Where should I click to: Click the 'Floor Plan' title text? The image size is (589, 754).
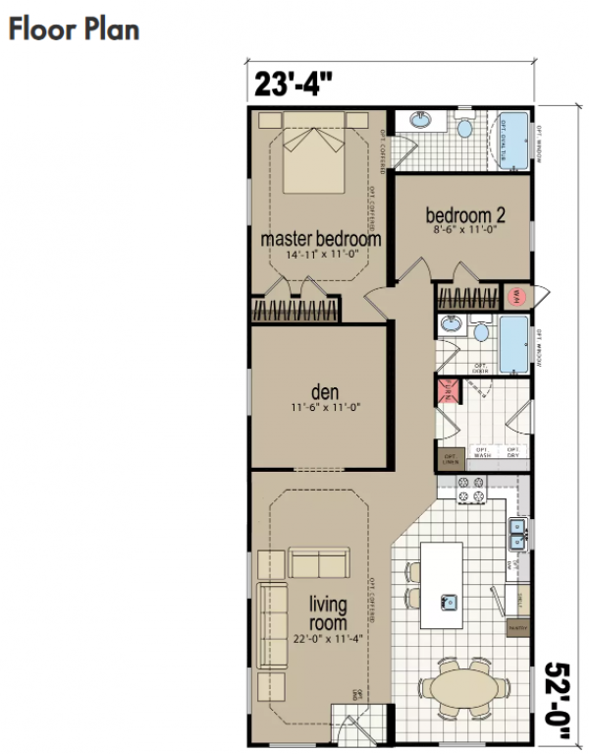pyautogui.click(x=74, y=29)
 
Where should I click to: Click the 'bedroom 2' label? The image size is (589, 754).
pyautogui.click(x=464, y=215)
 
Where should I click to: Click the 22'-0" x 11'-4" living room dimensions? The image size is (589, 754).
pyautogui.click(x=327, y=638)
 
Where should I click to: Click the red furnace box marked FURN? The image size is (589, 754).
pyautogui.click(x=448, y=391)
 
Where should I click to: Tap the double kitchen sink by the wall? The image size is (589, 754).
pyautogui.click(x=517, y=535)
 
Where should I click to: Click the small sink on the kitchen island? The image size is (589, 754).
pyautogui.click(x=449, y=600)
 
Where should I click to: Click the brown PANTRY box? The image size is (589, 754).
pyautogui.click(x=517, y=625)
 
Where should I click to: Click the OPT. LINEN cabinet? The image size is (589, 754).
pyautogui.click(x=452, y=458)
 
